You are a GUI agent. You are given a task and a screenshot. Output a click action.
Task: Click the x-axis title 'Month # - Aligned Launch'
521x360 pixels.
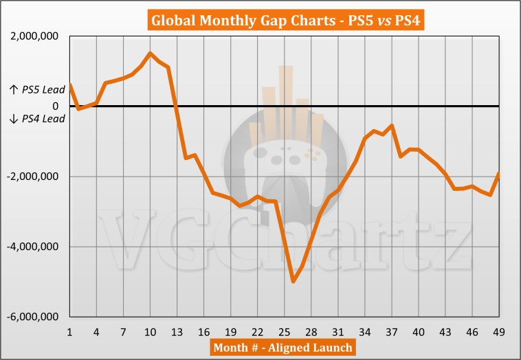282,347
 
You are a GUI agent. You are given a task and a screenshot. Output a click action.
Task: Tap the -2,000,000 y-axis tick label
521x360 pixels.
31,177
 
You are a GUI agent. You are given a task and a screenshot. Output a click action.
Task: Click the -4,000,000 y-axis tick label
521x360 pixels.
31,247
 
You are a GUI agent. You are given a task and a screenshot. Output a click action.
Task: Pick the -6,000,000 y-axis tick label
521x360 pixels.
31,317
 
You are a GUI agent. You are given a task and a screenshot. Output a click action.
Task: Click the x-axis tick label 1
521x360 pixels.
70,332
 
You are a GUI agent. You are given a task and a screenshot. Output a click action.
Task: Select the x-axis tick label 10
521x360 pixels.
151,332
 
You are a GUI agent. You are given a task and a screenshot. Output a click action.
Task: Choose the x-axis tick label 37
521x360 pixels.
392,332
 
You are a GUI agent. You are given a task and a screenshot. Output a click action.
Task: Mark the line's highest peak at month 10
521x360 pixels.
151,53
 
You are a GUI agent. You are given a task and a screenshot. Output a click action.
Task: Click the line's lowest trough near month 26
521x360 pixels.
293,281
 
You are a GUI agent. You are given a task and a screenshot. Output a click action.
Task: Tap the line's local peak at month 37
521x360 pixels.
392,125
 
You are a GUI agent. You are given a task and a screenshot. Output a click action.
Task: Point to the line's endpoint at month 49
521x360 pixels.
499,173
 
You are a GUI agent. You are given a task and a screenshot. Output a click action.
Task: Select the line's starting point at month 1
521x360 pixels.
70,85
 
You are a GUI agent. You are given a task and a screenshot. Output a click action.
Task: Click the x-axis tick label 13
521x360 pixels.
177,332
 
